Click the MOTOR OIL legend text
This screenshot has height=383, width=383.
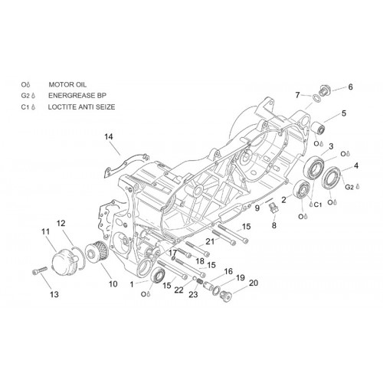[x=67, y=84]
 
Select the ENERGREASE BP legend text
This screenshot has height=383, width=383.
[x=77, y=96]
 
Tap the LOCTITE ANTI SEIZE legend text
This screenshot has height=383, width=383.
[x=81, y=106]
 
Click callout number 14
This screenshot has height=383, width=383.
[x=109, y=137]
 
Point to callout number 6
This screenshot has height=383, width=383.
[x=351, y=87]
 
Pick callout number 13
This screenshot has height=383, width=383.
[x=54, y=295]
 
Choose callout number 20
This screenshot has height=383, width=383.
[x=254, y=283]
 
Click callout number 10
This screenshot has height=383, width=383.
[x=113, y=284]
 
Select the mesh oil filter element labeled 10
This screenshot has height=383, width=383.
[x=97, y=254]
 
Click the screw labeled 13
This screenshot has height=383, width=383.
[x=40, y=270]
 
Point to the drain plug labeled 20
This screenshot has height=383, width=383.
[x=226, y=296]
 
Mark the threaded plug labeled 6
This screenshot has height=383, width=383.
[x=325, y=90]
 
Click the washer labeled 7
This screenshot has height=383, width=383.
[x=316, y=98]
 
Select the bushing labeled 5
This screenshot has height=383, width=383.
[x=319, y=128]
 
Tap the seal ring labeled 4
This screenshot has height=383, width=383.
[x=331, y=178]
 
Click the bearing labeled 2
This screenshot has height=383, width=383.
[x=302, y=189]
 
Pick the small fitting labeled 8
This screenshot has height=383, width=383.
[x=273, y=208]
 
